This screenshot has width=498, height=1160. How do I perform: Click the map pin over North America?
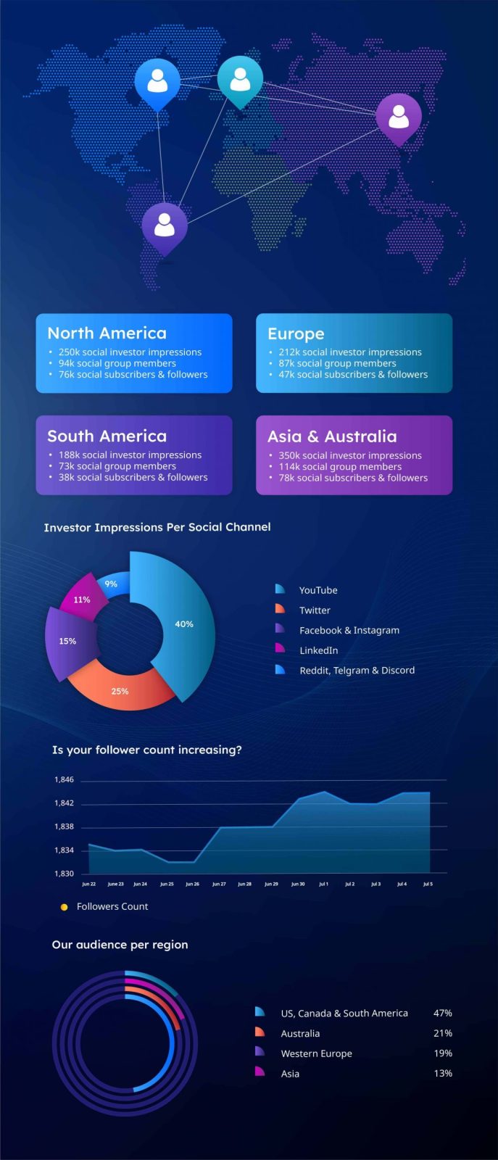pyautogui.click(x=157, y=82)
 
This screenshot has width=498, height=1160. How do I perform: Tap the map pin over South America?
pyautogui.click(x=165, y=225)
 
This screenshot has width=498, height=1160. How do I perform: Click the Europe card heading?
pyautogui.click(x=296, y=333)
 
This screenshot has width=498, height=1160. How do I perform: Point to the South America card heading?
pyautogui.click(x=107, y=436)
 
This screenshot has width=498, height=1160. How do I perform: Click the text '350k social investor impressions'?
pyautogui.click(x=350, y=455)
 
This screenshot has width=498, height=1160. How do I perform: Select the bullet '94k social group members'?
pyautogui.click(x=117, y=363)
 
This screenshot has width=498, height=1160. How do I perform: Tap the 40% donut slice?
pyautogui.click(x=184, y=623)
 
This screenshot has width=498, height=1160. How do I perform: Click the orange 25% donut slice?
pyautogui.click(x=120, y=691)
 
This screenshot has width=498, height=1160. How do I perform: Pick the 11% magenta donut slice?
pyautogui.click(x=82, y=600)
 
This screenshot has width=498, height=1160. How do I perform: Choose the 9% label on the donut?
pyautogui.click(x=111, y=584)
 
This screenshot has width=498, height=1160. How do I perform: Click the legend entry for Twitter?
pyautogui.click(x=315, y=610)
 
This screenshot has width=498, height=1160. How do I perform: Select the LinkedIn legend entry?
pyautogui.click(x=318, y=650)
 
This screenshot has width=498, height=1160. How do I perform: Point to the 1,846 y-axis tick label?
pyautogui.click(x=64, y=780)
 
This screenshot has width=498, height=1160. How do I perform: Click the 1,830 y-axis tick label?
pyautogui.click(x=64, y=874)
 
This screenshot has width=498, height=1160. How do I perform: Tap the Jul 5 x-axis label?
pyautogui.click(x=428, y=884)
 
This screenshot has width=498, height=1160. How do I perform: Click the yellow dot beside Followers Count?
pyautogui.click(x=65, y=907)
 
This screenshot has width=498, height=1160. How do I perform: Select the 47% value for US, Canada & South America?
pyautogui.click(x=442, y=1013)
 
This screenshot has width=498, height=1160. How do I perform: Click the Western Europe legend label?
pyautogui.click(x=316, y=1053)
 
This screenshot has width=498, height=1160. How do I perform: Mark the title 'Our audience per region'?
pyautogui.click(x=120, y=945)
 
